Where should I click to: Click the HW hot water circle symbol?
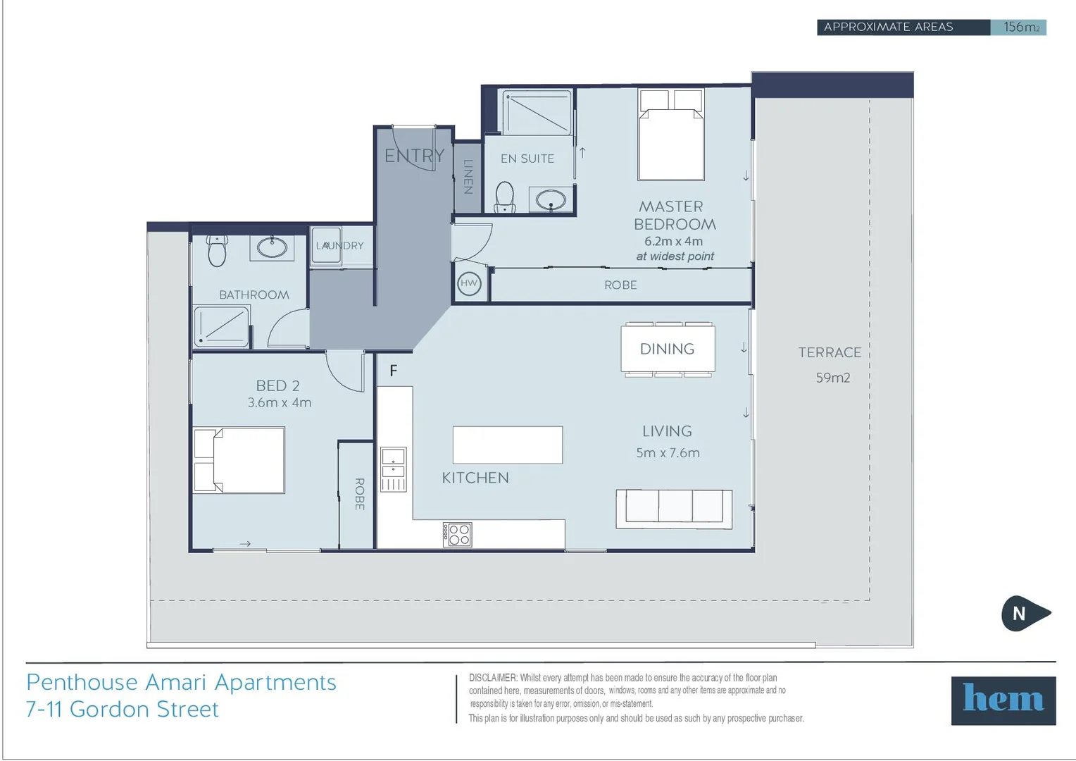[x=469, y=284]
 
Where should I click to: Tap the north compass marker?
[x=1025, y=613]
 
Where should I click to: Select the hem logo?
[x=1003, y=700]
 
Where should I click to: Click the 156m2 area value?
[x=1021, y=27]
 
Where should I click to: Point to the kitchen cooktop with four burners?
[x=457, y=535]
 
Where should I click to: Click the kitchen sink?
[x=394, y=469]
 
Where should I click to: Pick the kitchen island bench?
[x=508, y=445]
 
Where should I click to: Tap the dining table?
[x=668, y=349]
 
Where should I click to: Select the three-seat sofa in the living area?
[x=674, y=509]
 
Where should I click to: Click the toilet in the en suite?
[x=505, y=197]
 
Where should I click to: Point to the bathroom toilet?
[x=217, y=250]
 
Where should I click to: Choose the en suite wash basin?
[x=551, y=199]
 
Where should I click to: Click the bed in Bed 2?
[x=239, y=460]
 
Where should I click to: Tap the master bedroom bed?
[x=671, y=135]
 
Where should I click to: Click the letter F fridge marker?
[x=394, y=371]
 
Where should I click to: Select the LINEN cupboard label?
[x=468, y=176]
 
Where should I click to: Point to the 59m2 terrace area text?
[x=833, y=378]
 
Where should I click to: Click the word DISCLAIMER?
[x=494, y=678]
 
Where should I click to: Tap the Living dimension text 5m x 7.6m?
[x=668, y=453]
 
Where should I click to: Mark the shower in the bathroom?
[x=221, y=326]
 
